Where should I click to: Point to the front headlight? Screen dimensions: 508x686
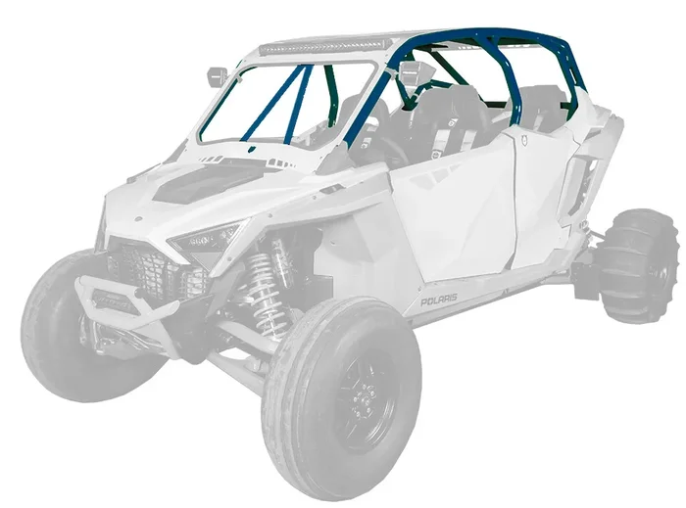point(206,238)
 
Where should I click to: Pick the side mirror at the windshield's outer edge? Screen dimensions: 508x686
point(218,75)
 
